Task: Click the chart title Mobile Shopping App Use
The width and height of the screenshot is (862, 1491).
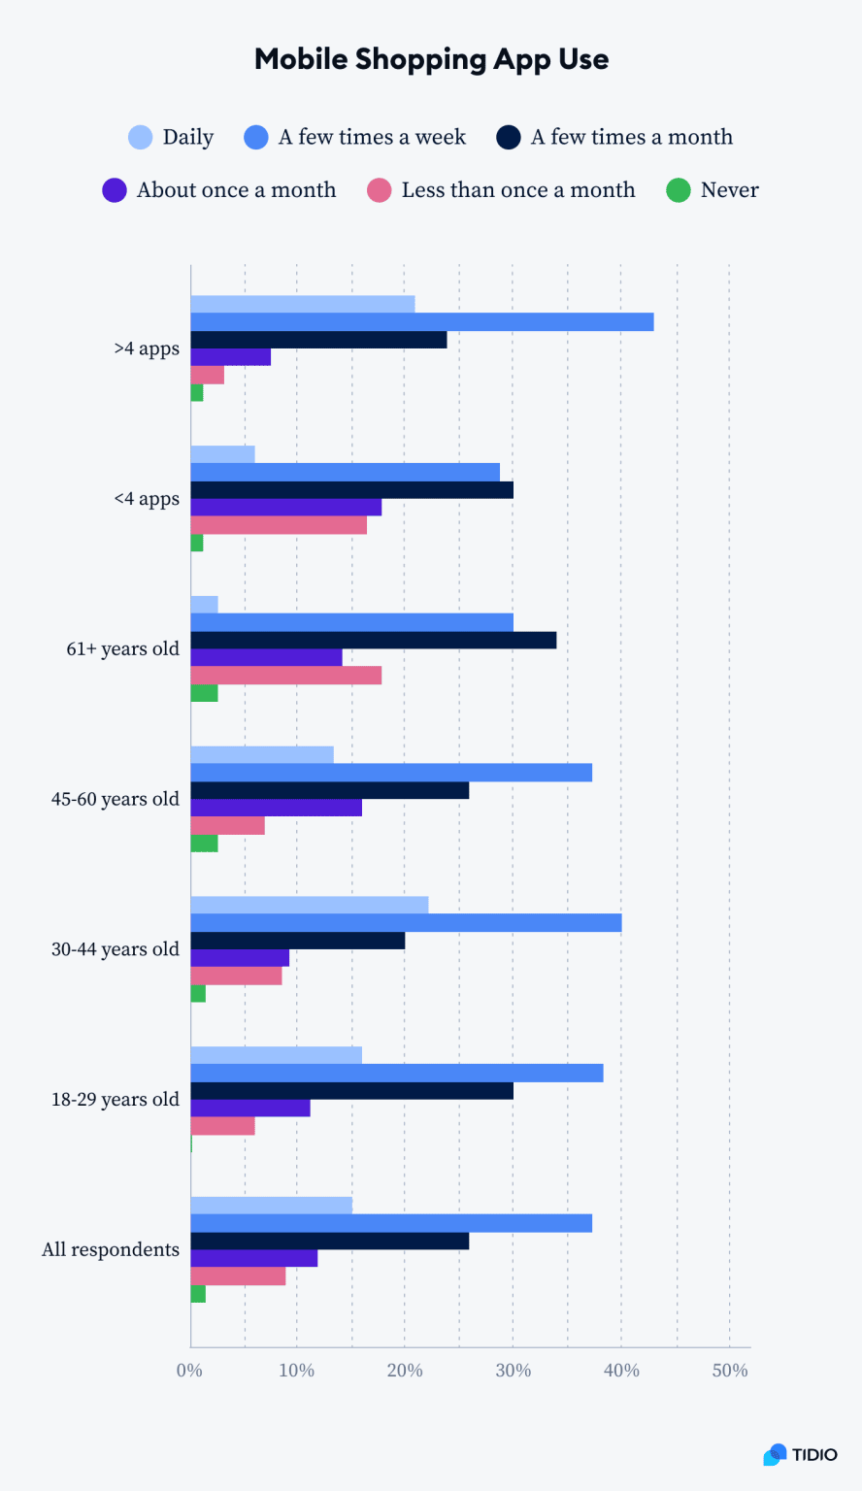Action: (x=431, y=59)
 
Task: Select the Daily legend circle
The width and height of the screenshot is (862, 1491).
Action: (x=141, y=137)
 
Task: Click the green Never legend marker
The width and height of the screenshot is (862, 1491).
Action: (x=678, y=190)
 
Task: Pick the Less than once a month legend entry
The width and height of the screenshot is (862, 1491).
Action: (x=517, y=190)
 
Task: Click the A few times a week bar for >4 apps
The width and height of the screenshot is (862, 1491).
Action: (x=421, y=322)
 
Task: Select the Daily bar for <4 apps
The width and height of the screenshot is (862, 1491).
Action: (x=222, y=454)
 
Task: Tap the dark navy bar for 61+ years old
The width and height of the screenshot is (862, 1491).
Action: (x=373, y=641)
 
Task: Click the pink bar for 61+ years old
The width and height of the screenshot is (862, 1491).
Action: (x=285, y=676)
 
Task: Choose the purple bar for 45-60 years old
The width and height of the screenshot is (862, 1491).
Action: (x=276, y=808)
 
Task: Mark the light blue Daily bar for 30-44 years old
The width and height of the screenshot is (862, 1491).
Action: (x=309, y=905)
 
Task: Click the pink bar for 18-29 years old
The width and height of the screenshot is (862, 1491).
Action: (x=222, y=1126)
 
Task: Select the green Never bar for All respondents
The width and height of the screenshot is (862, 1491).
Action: (x=198, y=1294)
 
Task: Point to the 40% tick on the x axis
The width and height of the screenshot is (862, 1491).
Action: (x=621, y=1371)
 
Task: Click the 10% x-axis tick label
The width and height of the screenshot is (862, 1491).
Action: (x=296, y=1371)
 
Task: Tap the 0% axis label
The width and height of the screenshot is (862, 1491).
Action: (x=189, y=1371)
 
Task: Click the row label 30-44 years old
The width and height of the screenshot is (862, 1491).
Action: (x=116, y=949)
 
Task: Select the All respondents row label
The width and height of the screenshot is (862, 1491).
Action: (x=111, y=1249)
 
